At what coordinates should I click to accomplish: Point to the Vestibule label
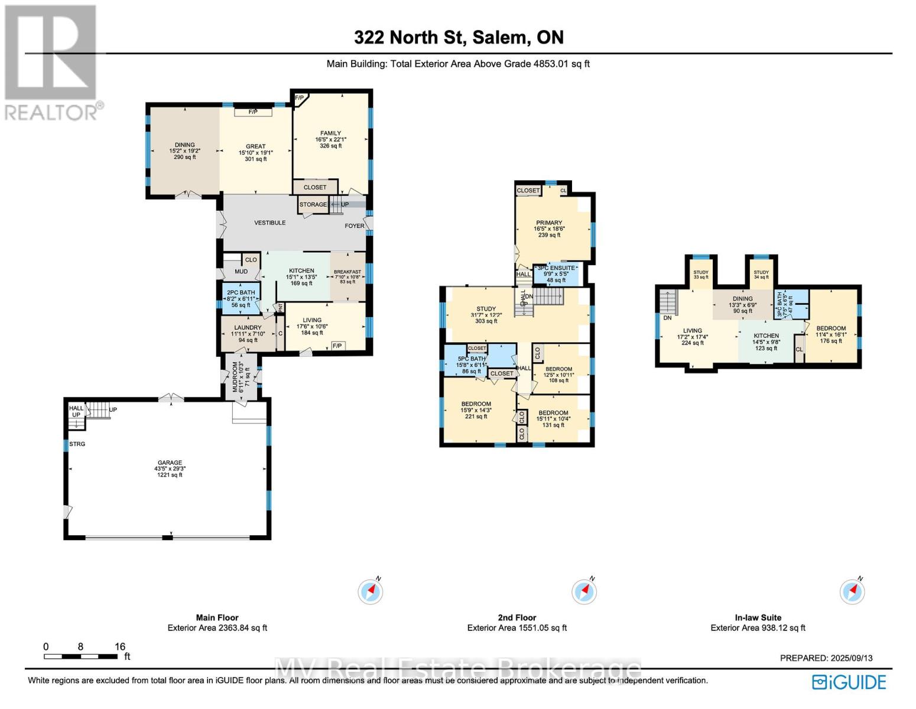click(x=270, y=223)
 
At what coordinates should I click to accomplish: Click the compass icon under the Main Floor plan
click(x=371, y=591)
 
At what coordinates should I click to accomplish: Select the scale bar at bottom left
click(x=81, y=656)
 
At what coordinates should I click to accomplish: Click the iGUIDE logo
click(x=849, y=682)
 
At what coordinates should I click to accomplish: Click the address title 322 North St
click(x=459, y=37)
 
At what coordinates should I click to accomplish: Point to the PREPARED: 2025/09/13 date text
click(x=826, y=658)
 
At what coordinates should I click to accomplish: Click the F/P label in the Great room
click(x=253, y=112)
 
